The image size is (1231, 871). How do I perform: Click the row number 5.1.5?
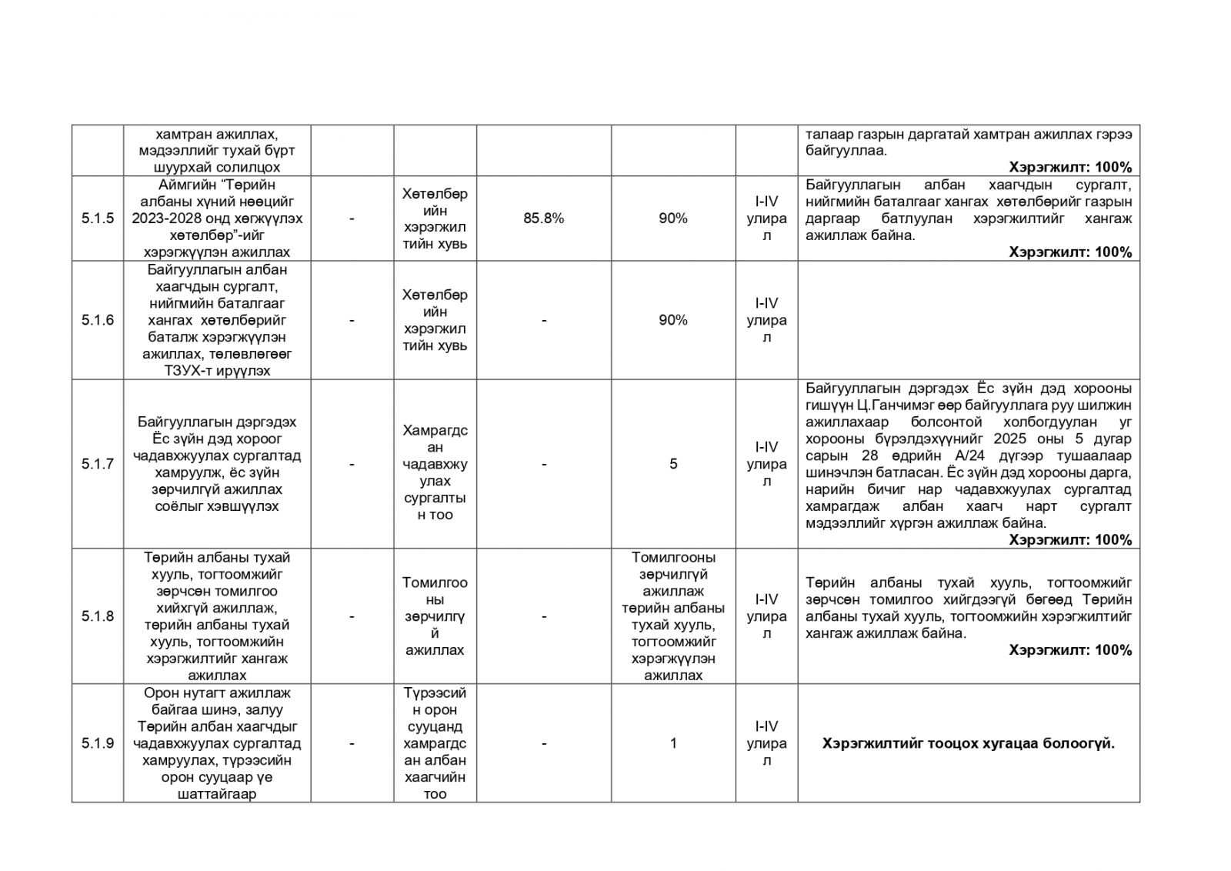coord(98,219)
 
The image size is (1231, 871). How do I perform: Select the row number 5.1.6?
coord(98,320)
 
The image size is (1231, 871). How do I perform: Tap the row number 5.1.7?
coord(98,464)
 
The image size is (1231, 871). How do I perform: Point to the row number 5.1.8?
coord(98,616)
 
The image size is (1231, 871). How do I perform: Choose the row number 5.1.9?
coord(98,743)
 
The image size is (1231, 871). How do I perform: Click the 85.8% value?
coord(543,219)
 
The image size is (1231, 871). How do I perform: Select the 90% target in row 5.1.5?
coord(673,219)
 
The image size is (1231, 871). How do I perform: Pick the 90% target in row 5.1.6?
coord(673,320)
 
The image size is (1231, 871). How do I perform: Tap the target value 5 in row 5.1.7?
coord(673,464)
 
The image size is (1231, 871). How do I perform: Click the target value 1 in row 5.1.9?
coord(673,743)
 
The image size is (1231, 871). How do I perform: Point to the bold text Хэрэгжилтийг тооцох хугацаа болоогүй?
coord(968,743)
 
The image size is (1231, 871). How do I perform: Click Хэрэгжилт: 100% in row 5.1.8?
coord(1070,650)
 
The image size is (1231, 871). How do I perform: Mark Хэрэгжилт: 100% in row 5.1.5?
coord(1070,252)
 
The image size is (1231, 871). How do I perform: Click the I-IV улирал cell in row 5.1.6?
coord(766,320)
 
